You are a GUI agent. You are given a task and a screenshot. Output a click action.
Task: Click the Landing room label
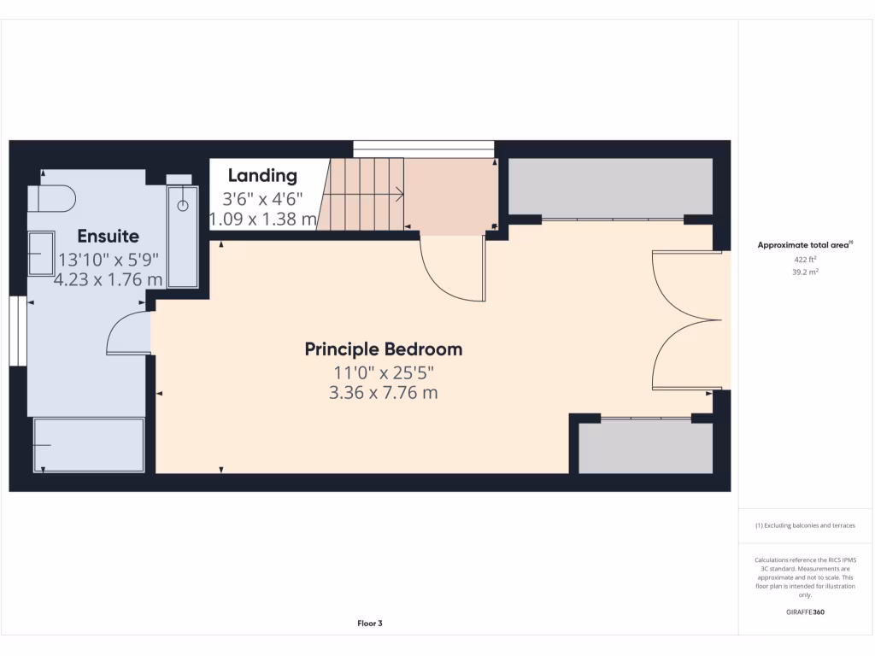pyautogui.click(x=262, y=176)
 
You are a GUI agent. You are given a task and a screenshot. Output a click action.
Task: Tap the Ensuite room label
pyautogui.click(x=108, y=236)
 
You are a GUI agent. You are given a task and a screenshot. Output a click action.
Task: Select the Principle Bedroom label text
pyautogui.click(x=384, y=349)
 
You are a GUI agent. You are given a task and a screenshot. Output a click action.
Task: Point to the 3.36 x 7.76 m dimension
pyautogui.click(x=384, y=393)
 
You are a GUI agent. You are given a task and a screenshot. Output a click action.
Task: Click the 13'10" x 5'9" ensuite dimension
pyautogui.click(x=108, y=259)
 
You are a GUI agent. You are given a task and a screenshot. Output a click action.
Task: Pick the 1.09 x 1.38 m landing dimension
pyautogui.click(x=263, y=220)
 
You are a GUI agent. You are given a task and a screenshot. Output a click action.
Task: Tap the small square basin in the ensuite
pyautogui.click(x=41, y=254)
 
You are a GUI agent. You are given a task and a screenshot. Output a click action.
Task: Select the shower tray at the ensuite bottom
pyautogui.click(x=89, y=445)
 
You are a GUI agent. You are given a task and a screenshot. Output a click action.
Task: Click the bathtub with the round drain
pyautogui.click(x=182, y=237)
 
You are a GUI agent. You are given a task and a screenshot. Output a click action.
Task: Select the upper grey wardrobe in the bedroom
pyautogui.click(x=610, y=187)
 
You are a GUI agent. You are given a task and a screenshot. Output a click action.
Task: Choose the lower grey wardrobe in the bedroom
pyautogui.click(x=645, y=447)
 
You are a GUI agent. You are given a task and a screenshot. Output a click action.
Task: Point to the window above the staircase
pyautogui.click(x=424, y=148)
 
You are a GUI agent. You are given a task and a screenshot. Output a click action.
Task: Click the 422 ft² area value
pyautogui.click(x=805, y=259)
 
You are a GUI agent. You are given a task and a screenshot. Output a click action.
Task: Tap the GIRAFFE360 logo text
pyautogui.click(x=805, y=612)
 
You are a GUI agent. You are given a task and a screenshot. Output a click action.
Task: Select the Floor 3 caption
pyautogui.click(x=369, y=624)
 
